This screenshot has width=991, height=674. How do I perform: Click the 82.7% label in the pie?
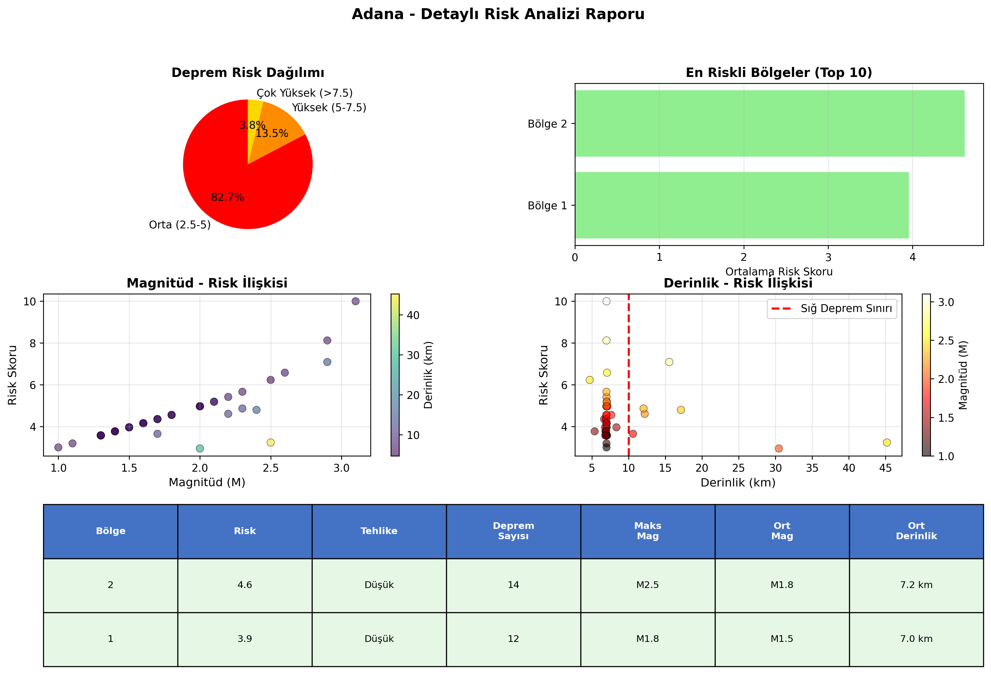click(228, 197)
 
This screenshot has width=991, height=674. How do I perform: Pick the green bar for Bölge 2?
click(770, 124)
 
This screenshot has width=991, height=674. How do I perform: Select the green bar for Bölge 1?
click(742, 205)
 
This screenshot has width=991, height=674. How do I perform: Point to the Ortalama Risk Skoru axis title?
click(779, 271)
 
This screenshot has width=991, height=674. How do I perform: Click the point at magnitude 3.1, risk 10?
click(355, 301)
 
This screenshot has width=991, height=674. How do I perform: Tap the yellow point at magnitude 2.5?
click(270, 443)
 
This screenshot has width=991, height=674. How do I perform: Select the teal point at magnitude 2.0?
click(200, 449)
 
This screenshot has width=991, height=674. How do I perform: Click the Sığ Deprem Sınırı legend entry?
click(831, 308)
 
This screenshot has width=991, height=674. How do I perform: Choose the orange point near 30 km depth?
click(779, 449)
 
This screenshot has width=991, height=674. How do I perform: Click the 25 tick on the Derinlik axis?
click(739, 468)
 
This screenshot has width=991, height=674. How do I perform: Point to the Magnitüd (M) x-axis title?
click(207, 482)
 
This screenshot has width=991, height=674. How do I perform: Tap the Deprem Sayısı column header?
click(513, 531)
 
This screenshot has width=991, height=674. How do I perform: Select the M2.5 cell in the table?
click(647, 585)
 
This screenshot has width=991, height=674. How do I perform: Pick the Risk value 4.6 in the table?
click(245, 585)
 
